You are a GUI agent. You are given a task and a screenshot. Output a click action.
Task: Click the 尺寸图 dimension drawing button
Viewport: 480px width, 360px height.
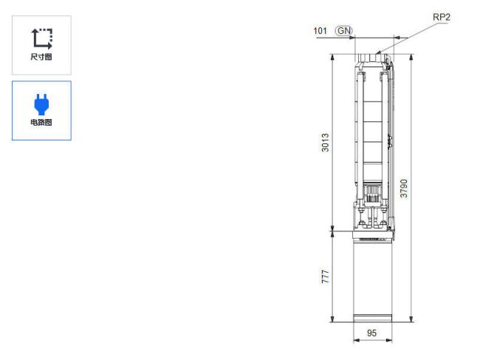coord(41,45)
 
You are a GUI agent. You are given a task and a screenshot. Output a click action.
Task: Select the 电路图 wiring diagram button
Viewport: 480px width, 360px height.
coord(41,110)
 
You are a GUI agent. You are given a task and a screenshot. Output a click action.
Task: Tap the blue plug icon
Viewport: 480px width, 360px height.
coord(41,104)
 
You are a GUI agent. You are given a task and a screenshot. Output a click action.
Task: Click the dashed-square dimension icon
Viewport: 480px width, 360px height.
coord(42,38)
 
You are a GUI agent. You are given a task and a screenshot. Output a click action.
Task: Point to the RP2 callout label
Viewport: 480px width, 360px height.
coord(442,17)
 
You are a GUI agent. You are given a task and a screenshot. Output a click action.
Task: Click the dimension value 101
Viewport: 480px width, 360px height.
coord(320,30)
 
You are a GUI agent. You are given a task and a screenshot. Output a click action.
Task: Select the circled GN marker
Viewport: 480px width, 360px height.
coord(344,30)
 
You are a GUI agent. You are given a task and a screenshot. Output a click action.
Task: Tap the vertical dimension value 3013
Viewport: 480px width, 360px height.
coord(325,143)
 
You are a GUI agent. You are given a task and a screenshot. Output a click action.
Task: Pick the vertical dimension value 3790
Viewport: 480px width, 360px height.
coord(404,189)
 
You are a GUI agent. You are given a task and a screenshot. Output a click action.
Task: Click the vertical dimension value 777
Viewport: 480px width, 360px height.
coord(325,276)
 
